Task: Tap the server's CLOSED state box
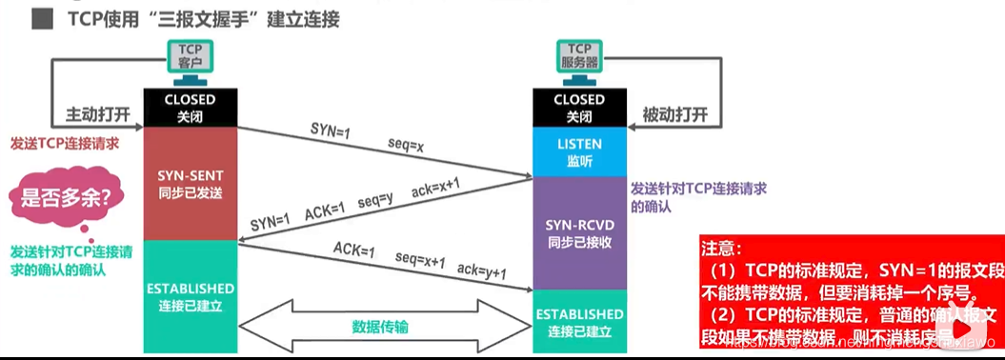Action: (579, 108)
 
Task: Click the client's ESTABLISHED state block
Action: (190, 295)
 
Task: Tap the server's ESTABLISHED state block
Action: (579, 321)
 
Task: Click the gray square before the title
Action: (41, 19)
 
